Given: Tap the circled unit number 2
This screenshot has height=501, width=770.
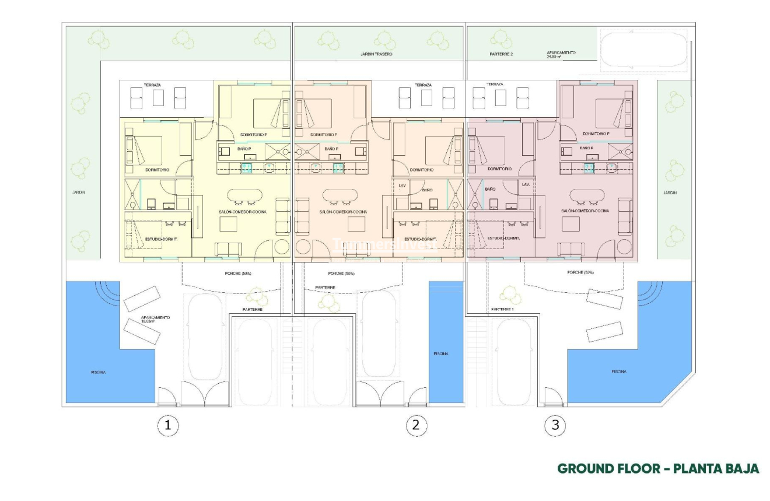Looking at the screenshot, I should tap(415, 425).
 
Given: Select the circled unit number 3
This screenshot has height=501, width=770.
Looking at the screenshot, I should tap(555, 425).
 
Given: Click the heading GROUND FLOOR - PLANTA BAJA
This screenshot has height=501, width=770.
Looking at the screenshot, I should tap(658, 469).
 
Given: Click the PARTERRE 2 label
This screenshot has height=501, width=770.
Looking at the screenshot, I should tap(501, 54).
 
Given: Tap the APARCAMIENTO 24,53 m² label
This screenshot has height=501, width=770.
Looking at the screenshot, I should tap(561, 54).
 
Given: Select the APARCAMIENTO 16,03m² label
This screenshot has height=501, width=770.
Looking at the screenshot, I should tap(156, 319).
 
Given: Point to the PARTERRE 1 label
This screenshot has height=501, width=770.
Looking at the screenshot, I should tap(502, 309).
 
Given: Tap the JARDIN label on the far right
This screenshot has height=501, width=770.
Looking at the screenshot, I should tap(670, 192).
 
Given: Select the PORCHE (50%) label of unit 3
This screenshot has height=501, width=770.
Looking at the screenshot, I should tap(580, 272).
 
